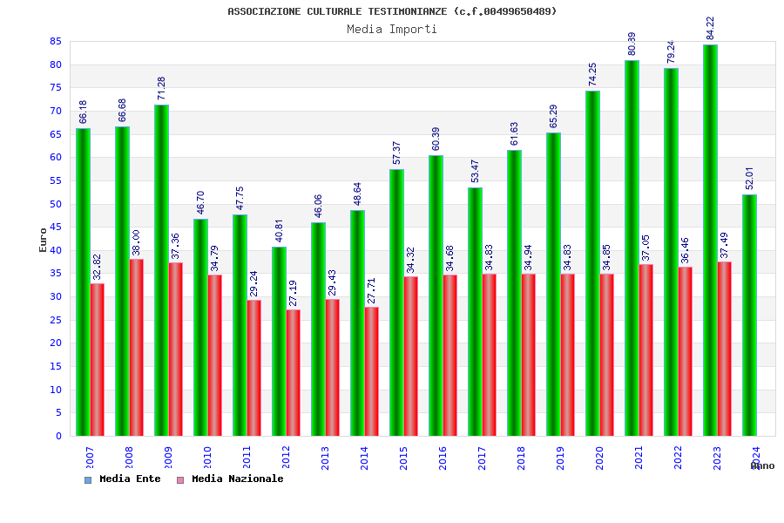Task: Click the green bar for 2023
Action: click(710, 240)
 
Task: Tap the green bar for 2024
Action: click(749, 315)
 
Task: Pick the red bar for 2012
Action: click(294, 372)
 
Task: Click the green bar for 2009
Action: click(161, 270)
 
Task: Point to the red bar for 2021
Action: click(646, 350)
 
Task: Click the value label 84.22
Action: click(710, 28)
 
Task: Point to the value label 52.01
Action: click(749, 179)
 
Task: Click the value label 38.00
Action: click(137, 243)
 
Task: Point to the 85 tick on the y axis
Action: click(55, 42)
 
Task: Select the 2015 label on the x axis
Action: click(403, 458)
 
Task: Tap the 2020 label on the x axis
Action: click(599, 458)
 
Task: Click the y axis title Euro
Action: click(44, 240)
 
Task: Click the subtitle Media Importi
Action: click(392, 30)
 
